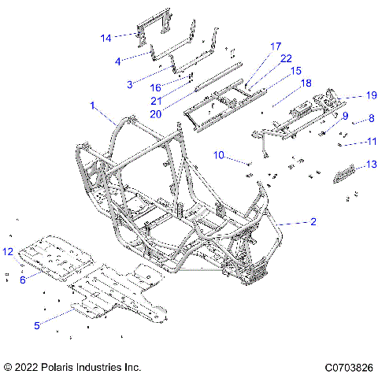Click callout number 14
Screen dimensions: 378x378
click(x=106, y=36)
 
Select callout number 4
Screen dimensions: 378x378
click(x=117, y=60)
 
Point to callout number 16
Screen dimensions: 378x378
click(x=156, y=87)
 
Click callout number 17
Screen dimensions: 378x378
click(x=254, y=46)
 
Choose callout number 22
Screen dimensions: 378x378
click(x=264, y=59)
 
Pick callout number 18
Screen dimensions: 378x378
click(x=283, y=82)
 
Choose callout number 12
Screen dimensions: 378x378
click(x=7, y=251)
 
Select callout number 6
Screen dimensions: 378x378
click(x=23, y=279)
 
